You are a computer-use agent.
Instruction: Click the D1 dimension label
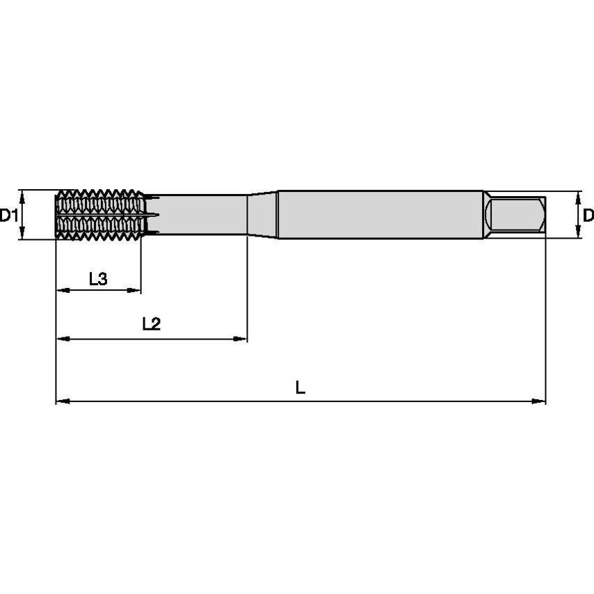tap(8, 215)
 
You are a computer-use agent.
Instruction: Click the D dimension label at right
tap(588, 215)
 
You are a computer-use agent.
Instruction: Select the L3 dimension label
tap(98, 280)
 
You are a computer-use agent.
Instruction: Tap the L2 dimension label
tap(151, 323)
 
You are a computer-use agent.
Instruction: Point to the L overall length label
tap(300, 387)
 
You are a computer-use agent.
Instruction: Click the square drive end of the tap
tap(515, 216)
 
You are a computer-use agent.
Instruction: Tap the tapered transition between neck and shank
tap(262, 215)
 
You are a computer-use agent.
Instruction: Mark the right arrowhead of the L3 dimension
tap(136, 291)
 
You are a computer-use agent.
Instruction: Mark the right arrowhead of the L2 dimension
tap(241, 339)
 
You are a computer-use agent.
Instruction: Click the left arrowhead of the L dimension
tap(61, 401)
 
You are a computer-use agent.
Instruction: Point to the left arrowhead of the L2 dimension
tap(61, 339)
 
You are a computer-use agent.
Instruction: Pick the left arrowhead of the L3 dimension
tap(61, 291)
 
